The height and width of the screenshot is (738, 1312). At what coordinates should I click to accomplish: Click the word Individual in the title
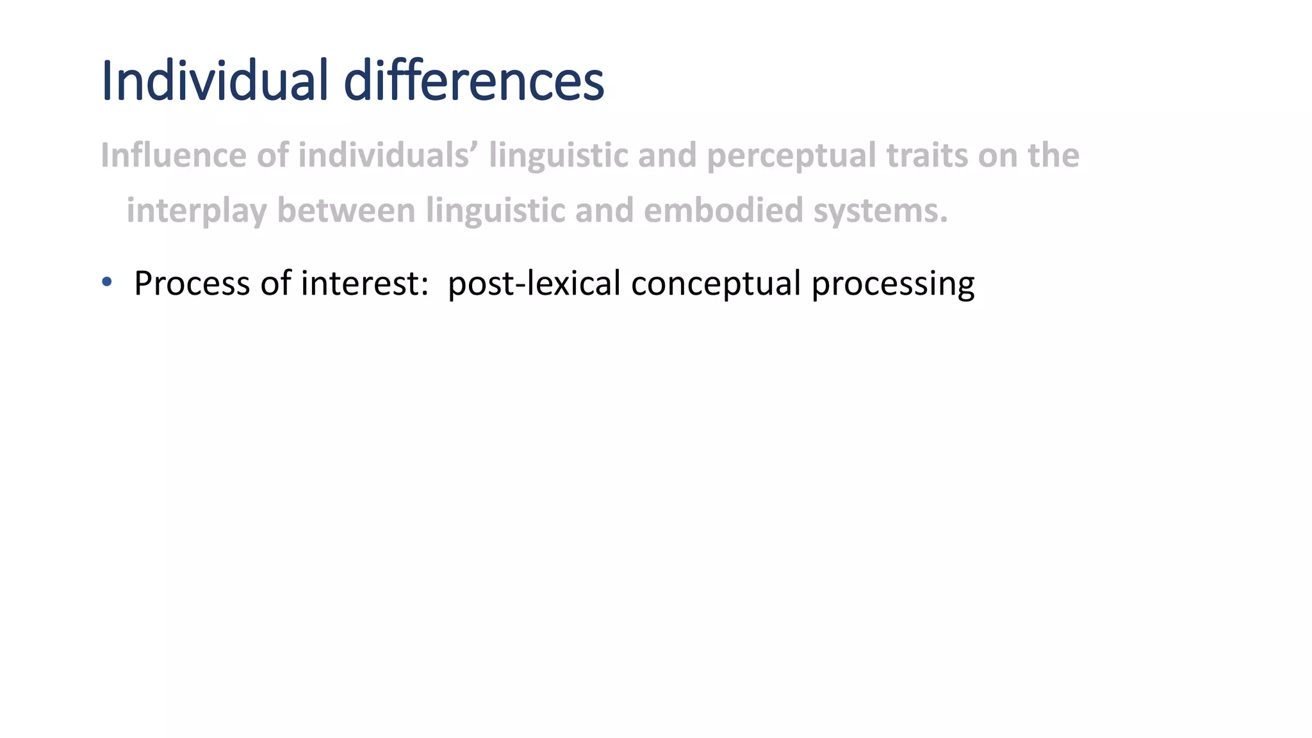(x=215, y=81)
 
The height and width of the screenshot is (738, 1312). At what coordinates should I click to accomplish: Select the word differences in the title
(x=473, y=81)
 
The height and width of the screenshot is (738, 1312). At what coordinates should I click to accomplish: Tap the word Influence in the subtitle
(x=173, y=156)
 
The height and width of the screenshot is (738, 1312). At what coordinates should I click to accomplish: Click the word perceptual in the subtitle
(x=791, y=156)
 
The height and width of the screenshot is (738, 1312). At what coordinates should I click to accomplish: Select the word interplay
(x=196, y=211)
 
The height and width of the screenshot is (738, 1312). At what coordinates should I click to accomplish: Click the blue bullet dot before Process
(x=107, y=282)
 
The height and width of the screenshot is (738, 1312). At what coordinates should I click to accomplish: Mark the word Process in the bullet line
(x=192, y=283)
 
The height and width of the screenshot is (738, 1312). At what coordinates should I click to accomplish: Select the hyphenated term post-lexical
(x=534, y=283)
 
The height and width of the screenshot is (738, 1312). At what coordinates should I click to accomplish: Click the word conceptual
(x=716, y=283)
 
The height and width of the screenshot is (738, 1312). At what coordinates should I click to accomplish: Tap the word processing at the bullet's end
(x=893, y=283)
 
